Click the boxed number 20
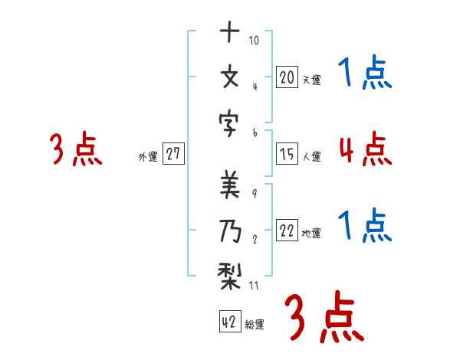[x=287, y=77]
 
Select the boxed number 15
[x=287, y=154]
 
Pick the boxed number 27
[x=173, y=154]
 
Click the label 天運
[x=311, y=80]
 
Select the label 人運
[x=311, y=157]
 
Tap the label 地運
[x=311, y=234]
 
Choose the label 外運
[x=147, y=157]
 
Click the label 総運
[x=255, y=324]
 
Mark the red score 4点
[x=365, y=149]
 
